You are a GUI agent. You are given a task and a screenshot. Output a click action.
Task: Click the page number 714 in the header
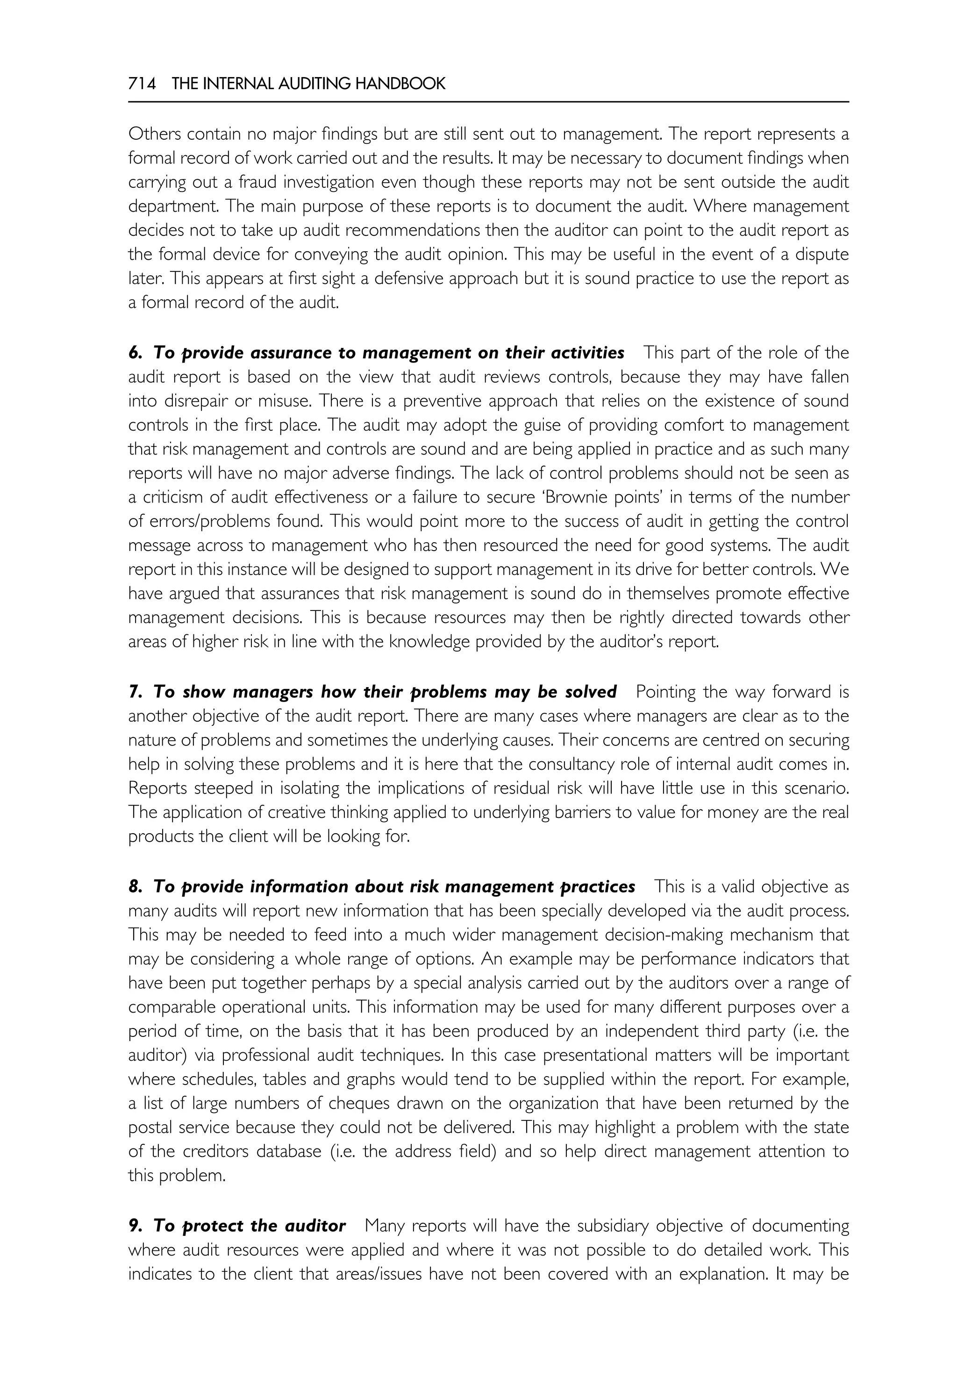pyautogui.click(x=142, y=84)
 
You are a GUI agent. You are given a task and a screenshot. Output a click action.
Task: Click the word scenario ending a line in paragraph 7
pyautogui.click(x=821, y=789)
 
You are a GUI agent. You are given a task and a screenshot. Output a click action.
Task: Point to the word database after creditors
pyautogui.click(x=288, y=1151)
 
